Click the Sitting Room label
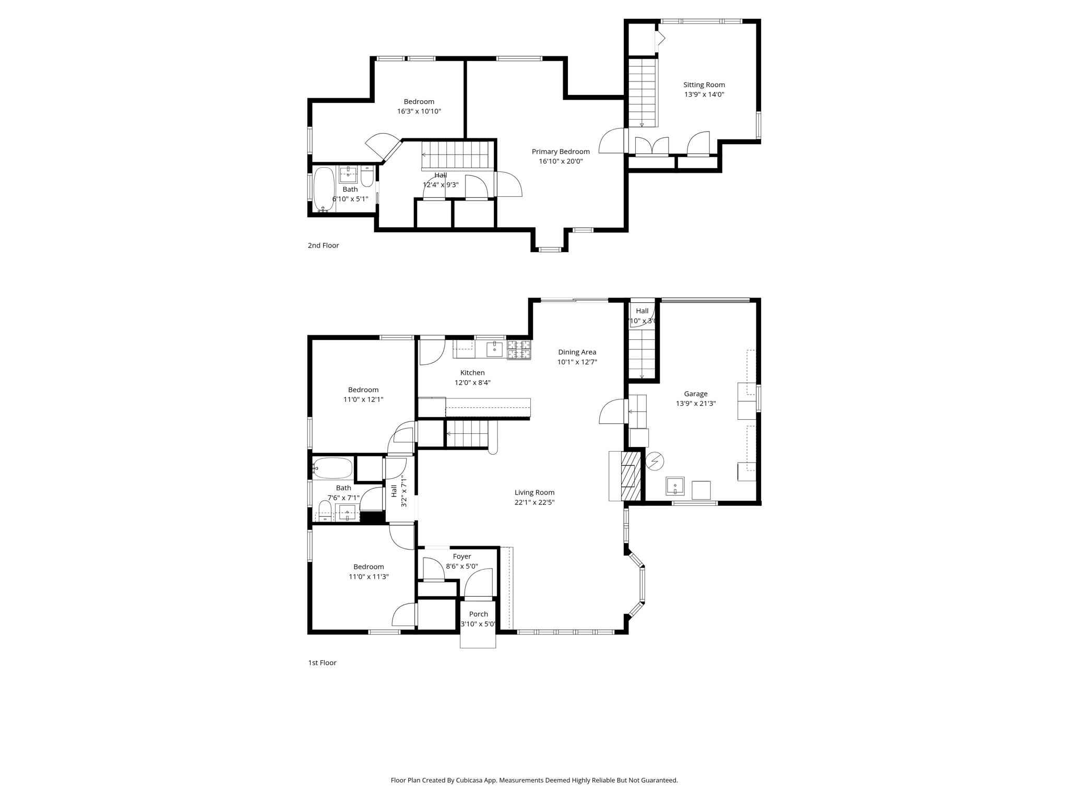tap(704, 85)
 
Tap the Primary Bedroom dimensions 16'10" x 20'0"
tap(561, 161)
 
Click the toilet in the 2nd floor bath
tap(367, 177)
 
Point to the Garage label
tap(695, 394)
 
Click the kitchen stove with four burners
tap(519, 349)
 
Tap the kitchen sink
tap(494, 349)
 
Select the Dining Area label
tap(577, 352)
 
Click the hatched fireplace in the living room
tap(631, 476)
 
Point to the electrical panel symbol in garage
tap(655, 461)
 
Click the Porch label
tap(478, 614)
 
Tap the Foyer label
tap(461, 557)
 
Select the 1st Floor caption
tap(322, 663)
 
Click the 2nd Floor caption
tap(323, 245)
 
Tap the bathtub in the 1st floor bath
tap(332, 468)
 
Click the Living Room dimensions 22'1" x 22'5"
tap(534, 502)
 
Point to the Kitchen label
tap(472, 373)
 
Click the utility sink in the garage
tap(674, 486)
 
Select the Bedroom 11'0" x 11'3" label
tap(369, 567)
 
